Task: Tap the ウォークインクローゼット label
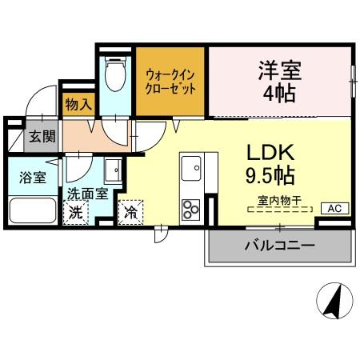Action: click(x=170, y=82)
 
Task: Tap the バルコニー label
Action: click(x=279, y=245)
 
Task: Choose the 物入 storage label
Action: click(x=77, y=103)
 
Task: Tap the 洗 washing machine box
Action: click(x=74, y=213)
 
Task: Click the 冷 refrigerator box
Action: click(x=129, y=214)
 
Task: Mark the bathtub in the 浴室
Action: click(x=32, y=211)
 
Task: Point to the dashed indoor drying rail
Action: click(x=279, y=210)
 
